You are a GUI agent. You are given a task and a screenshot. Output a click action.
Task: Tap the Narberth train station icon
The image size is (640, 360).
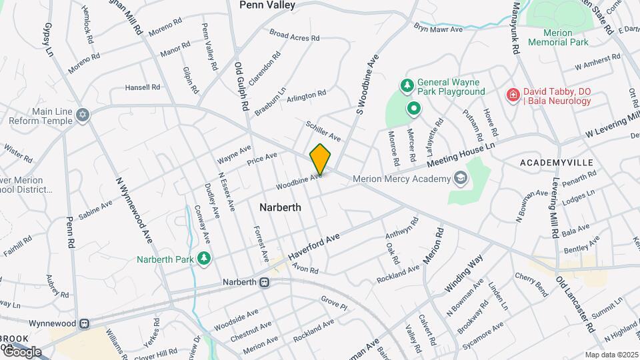click(265, 282)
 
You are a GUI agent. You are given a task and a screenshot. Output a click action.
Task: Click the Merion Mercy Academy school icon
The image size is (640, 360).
click(460, 178)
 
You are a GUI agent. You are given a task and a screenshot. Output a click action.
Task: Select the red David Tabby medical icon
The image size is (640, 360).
click(513, 95)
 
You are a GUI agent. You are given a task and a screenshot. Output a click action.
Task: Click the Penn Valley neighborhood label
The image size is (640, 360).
click(267, 5)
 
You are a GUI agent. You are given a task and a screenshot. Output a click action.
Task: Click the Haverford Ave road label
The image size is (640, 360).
click(314, 246)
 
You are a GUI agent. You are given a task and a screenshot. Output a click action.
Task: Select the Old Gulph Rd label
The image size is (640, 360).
click(242, 87)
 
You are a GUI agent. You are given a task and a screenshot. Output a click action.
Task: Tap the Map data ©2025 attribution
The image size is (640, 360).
click(611, 355)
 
